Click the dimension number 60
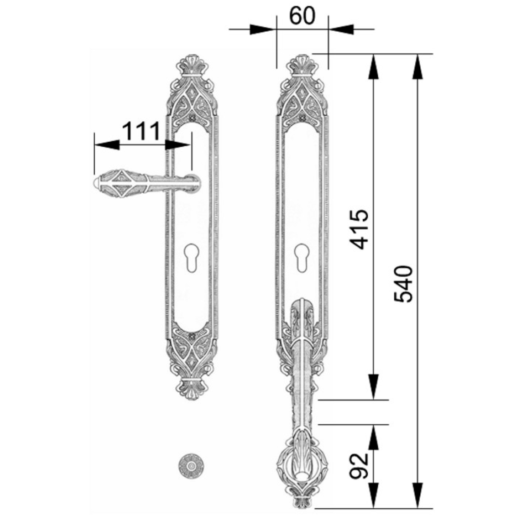click(302, 16)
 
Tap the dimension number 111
click(141, 132)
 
